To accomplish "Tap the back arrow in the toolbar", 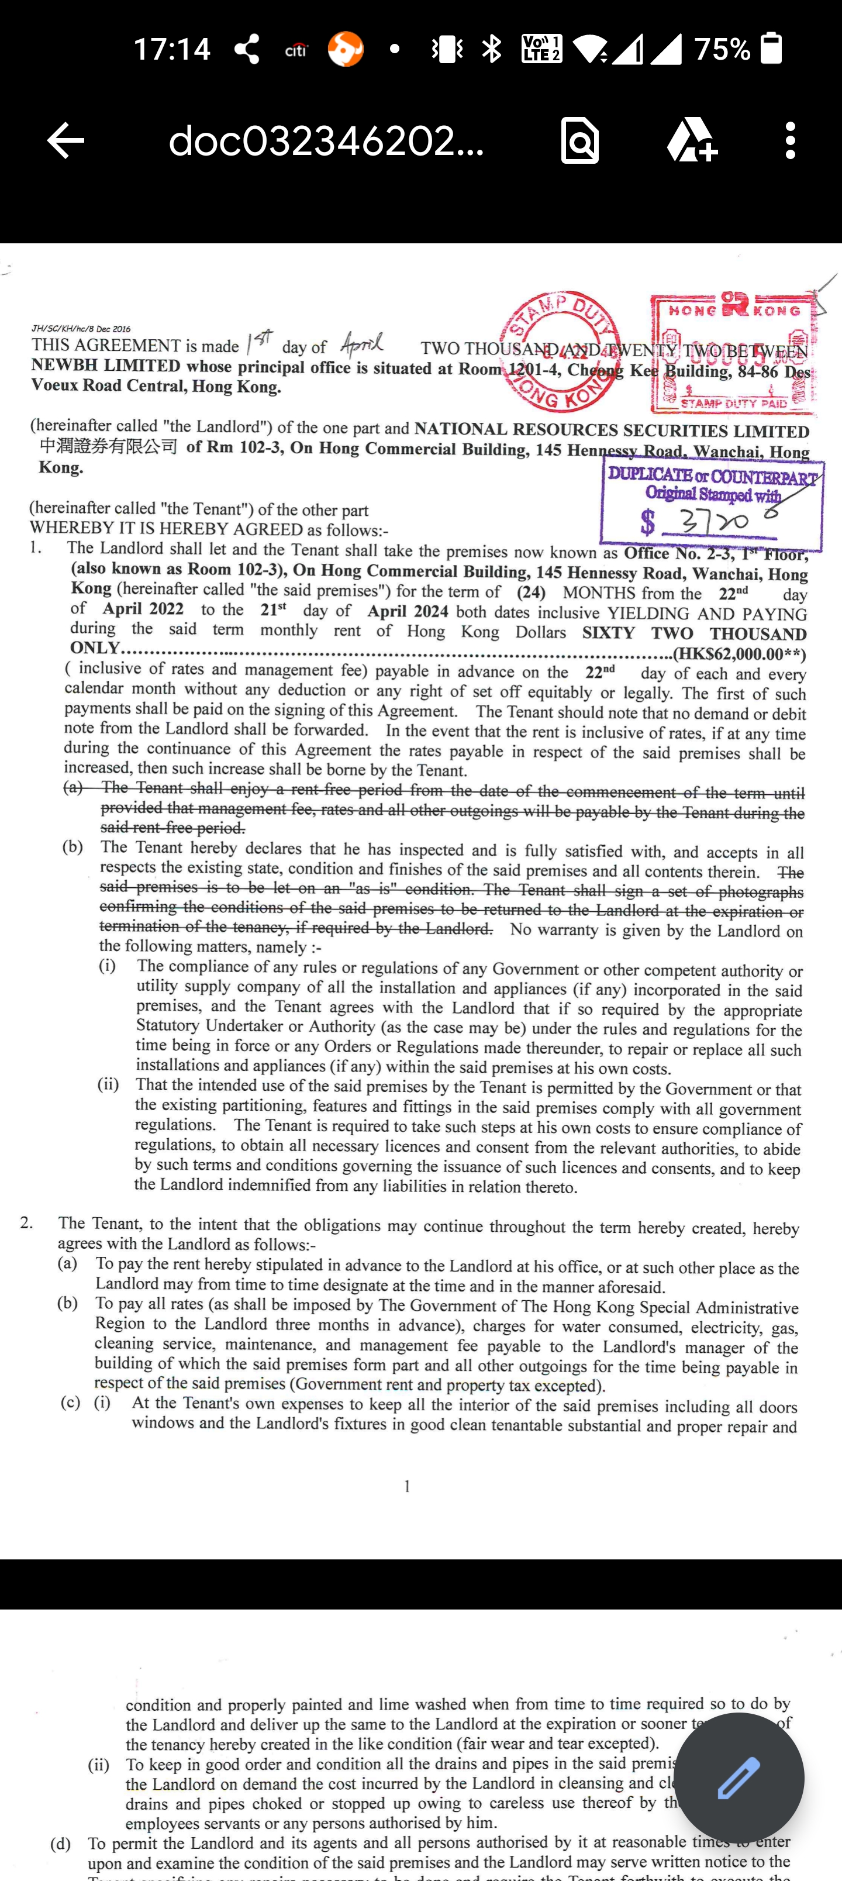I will point(65,140).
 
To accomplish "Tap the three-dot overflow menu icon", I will point(789,140).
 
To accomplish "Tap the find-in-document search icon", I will point(580,140).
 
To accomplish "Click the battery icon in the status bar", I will point(771,49).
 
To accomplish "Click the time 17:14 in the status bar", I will point(172,50).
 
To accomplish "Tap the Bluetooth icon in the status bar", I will point(492,49).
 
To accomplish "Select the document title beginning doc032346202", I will point(326,140).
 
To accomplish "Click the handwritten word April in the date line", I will point(361,343).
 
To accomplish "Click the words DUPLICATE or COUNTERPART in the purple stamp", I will point(712,476).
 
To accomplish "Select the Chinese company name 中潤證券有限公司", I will point(108,446).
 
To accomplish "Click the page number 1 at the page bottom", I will point(407,1486).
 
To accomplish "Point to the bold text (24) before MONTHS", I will point(531,592).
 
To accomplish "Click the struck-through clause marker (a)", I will point(73,787).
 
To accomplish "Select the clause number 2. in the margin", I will point(27,1222).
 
